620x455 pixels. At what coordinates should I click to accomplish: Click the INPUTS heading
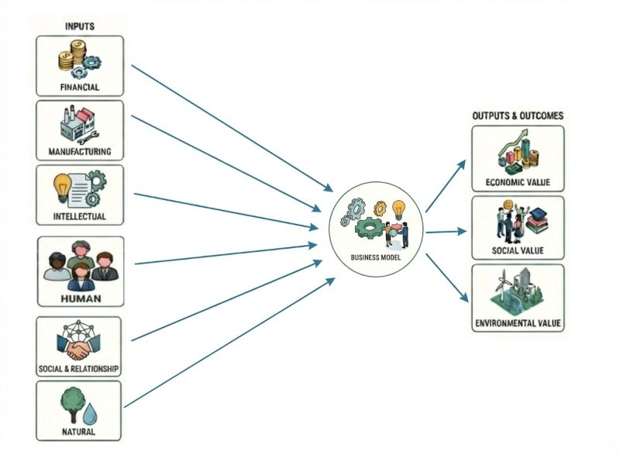[x=79, y=26]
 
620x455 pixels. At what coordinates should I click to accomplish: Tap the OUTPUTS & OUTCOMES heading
[x=518, y=115]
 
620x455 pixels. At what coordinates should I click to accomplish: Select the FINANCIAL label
[x=79, y=88]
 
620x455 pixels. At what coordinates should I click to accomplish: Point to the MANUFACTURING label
[x=79, y=151]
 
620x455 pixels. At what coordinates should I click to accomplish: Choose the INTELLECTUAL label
[x=79, y=216]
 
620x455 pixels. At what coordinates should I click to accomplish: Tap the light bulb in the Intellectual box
[x=63, y=186]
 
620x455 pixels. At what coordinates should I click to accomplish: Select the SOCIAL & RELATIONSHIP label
[x=79, y=368]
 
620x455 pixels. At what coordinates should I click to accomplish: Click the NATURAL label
[x=79, y=432]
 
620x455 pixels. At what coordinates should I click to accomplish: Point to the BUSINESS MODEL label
[x=376, y=257]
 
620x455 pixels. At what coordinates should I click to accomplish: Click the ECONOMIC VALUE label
[x=518, y=182]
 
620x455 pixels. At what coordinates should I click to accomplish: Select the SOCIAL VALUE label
[x=518, y=250]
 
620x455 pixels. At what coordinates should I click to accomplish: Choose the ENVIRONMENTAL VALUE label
[x=518, y=322]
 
